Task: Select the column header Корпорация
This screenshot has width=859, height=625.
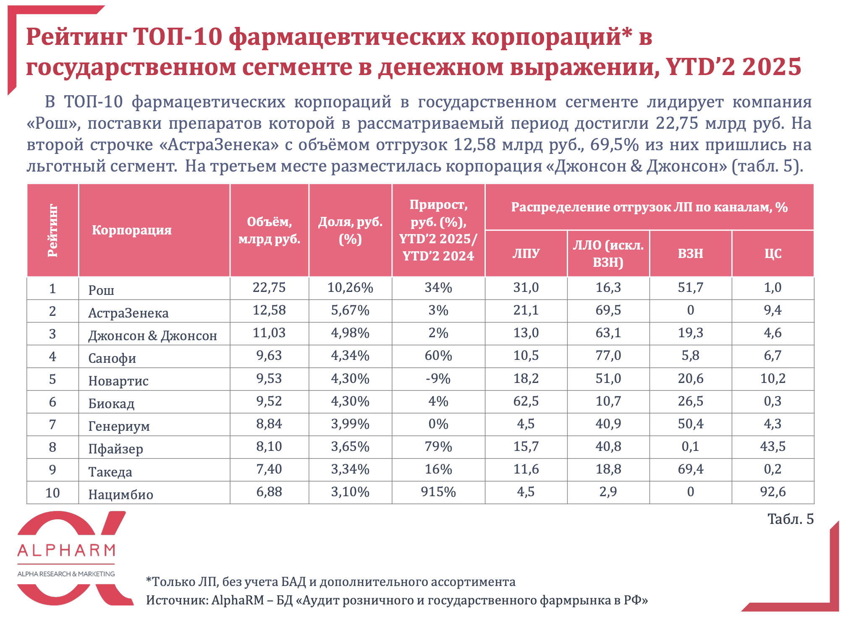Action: (132, 230)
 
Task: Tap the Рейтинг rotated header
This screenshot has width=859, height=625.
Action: (52, 230)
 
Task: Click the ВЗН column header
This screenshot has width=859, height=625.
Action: (690, 253)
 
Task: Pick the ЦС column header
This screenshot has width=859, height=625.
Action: (773, 253)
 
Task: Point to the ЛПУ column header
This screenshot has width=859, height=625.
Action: (526, 253)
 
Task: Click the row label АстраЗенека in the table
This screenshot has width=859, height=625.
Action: (128, 313)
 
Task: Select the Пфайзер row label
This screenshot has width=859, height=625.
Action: (115, 449)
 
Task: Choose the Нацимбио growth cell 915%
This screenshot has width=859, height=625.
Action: (438, 492)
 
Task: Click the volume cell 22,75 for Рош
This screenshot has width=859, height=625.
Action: (269, 287)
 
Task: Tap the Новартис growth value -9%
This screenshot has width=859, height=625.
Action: (438, 378)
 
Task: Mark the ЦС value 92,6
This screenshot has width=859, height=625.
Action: (773, 492)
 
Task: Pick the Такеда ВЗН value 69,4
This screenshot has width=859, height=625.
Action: (690, 469)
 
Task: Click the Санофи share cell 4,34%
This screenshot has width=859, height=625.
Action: (350, 356)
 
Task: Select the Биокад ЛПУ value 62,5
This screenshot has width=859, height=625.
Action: (526, 401)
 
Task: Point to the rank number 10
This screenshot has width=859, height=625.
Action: (52, 492)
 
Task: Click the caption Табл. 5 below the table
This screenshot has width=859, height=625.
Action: (790, 519)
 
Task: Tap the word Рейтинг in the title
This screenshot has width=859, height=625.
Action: (76, 37)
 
